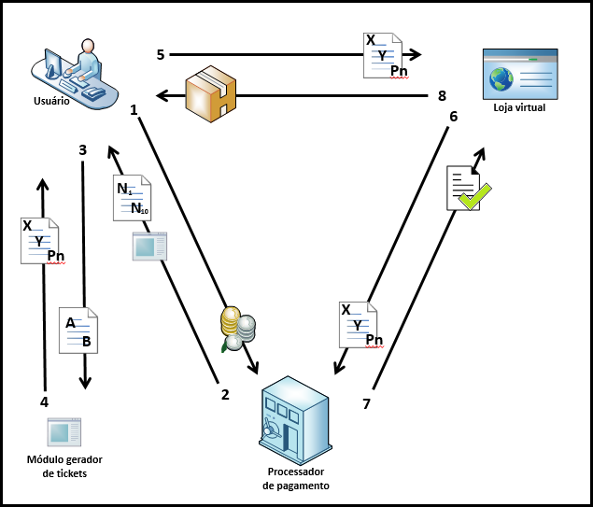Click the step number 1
click(134, 110)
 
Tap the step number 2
click(224, 394)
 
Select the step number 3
click(83, 149)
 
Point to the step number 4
click(44, 402)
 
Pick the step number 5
click(161, 55)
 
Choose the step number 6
click(454, 117)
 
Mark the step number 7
click(366, 403)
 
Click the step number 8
click(443, 94)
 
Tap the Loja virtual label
click(518, 108)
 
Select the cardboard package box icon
click(210, 93)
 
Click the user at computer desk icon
click(77, 73)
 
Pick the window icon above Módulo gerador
click(65, 432)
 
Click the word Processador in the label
click(295, 472)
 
